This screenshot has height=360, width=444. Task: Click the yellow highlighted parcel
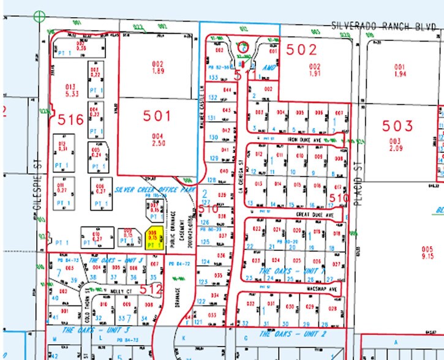coord(155,238)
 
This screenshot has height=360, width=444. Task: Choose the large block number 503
coord(398,126)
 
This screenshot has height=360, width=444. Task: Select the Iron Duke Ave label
coord(304,140)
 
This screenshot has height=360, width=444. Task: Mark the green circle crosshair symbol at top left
coord(40,16)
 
